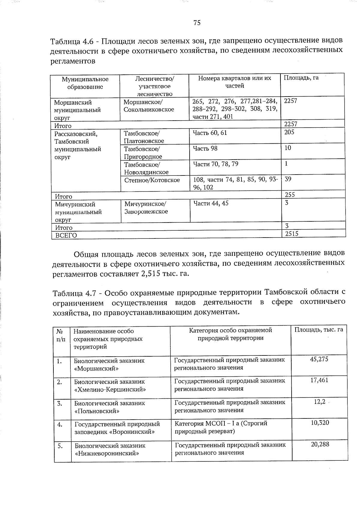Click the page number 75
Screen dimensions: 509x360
[197, 23]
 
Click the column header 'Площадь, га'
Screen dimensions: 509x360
[301, 78]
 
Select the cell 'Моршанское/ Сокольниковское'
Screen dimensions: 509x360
[149, 106]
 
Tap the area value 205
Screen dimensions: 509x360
[289, 132]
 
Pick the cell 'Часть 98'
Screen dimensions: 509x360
[205, 148]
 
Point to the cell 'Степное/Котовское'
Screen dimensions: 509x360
[152, 180]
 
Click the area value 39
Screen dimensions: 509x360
[288, 179]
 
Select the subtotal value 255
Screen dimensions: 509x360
[290, 195]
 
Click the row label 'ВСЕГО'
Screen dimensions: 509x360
[66, 235]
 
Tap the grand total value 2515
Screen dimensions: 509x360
[292, 234]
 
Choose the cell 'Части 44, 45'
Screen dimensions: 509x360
[211, 203]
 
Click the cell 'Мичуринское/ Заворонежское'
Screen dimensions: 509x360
[146, 208]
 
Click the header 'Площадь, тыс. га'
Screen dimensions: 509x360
[319, 330]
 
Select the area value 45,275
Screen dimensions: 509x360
[319, 359]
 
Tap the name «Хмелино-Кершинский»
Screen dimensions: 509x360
[110, 390]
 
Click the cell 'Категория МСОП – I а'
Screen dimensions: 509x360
[221, 424]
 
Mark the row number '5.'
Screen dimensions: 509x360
[60, 446]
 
